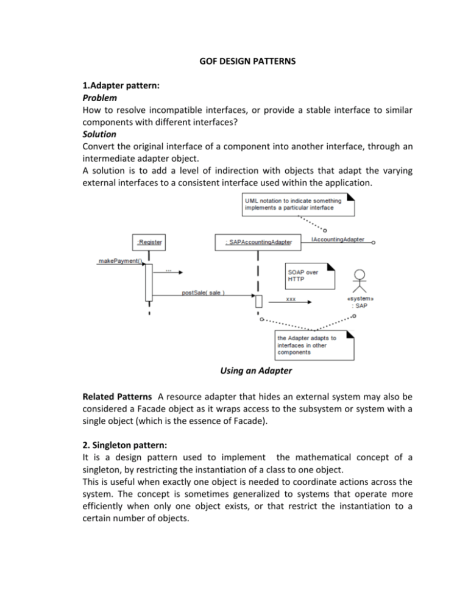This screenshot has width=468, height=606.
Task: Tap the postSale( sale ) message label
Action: (x=203, y=292)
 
